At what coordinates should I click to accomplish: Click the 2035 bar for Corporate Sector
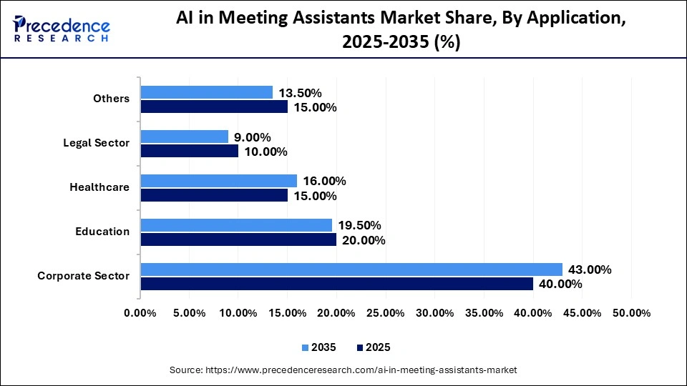pyautogui.click(x=351, y=269)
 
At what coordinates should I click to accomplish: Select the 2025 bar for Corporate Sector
pyautogui.click(x=336, y=284)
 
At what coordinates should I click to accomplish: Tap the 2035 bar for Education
pyautogui.click(x=236, y=225)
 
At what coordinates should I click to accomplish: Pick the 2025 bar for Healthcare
pyautogui.click(x=214, y=195)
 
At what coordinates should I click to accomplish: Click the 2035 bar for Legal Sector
pyautogui.click(x=184, y=137)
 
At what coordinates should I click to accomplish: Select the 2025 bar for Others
pyautogui.click(x=214, y=107)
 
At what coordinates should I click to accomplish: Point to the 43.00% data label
pyautogui.click(x=590, y=269)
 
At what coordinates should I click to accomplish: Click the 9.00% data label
pyautogui.click(x=253, y=137)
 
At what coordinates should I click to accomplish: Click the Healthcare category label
pyautogui.click(x=99, y=187)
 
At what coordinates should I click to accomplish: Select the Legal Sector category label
pyautogui.click(x=97, y=143)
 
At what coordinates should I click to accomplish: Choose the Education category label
pyautogui.click(x=102, y=232)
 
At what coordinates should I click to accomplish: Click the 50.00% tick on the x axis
pyautogui.click(x=631, y=313)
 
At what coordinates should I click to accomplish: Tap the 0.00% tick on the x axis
pyautogui.click(x=140, y=313)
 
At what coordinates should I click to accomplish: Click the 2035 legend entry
pyautogui.click(x=318, y=347)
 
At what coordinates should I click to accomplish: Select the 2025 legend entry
pyautogui.click(x=372, y=347)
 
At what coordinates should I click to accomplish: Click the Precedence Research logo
pyautogui.click(x=62, y=29)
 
